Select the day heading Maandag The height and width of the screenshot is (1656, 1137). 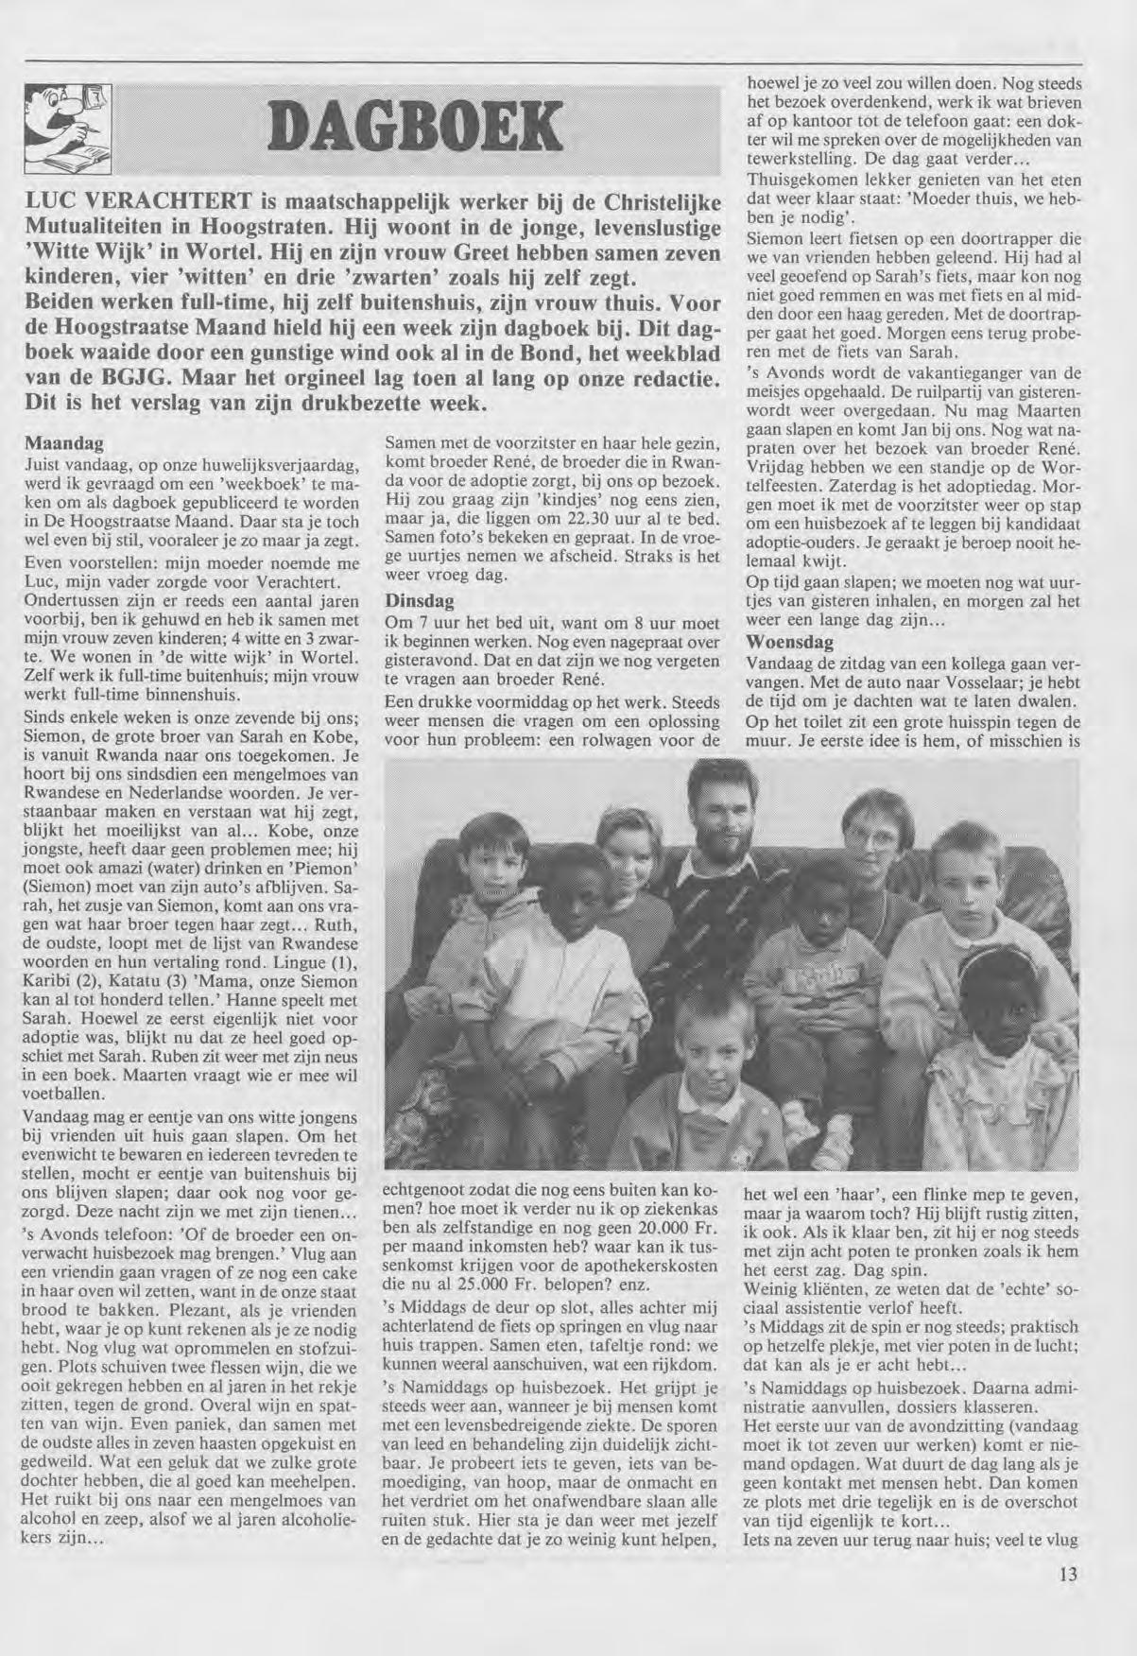pos(63,442)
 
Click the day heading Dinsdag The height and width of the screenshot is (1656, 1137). pos(419,601)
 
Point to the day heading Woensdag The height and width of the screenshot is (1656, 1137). pos(789,642)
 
